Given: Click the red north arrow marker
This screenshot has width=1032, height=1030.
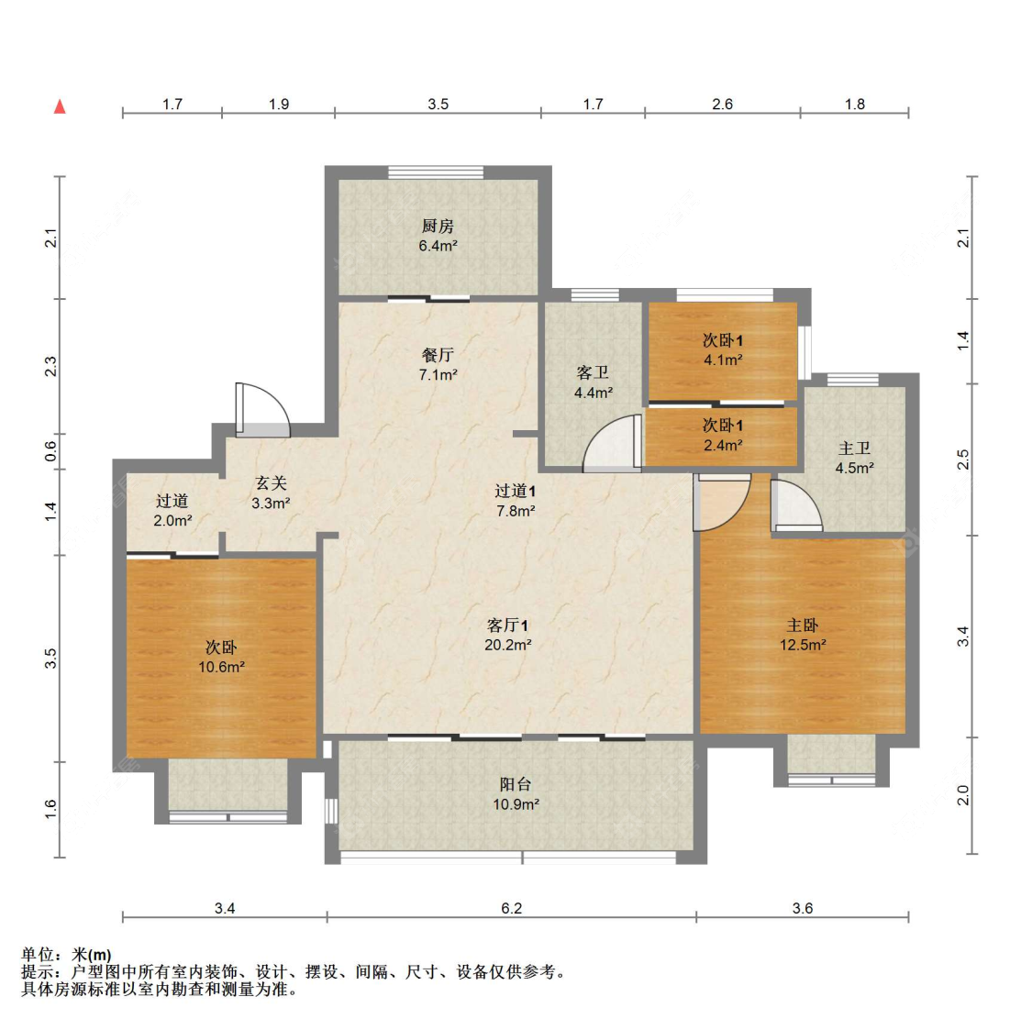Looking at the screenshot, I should [61, 106].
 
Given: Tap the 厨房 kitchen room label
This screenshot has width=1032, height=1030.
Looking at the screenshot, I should [438, 226].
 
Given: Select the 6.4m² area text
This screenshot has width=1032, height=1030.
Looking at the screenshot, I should [438, 246].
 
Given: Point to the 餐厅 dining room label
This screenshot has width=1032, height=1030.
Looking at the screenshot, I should [438, 355].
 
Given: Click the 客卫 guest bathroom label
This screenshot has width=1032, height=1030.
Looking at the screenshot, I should [593, 372].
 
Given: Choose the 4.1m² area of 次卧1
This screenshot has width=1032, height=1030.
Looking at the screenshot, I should [723, 360].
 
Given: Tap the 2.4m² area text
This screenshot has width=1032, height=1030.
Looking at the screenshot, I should [723, 446].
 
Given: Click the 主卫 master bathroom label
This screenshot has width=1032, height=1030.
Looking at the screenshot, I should [854, 449].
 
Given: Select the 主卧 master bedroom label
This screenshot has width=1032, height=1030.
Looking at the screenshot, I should [803, 625].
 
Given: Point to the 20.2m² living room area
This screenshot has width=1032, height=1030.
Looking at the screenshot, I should [508, 645].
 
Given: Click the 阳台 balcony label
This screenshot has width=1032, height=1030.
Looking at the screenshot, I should [516, 784].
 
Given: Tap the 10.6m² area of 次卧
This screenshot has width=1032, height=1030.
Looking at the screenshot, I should [221, 667].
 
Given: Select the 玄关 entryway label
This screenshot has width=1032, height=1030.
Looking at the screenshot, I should [271, 482].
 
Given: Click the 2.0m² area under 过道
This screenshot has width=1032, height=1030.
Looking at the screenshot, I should [172, 520].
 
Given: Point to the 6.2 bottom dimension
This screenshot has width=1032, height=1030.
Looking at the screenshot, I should [511, 908].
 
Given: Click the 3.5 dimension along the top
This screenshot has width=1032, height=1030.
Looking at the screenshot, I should [438, 104].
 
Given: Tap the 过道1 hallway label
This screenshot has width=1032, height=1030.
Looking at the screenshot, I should [515, 491].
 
